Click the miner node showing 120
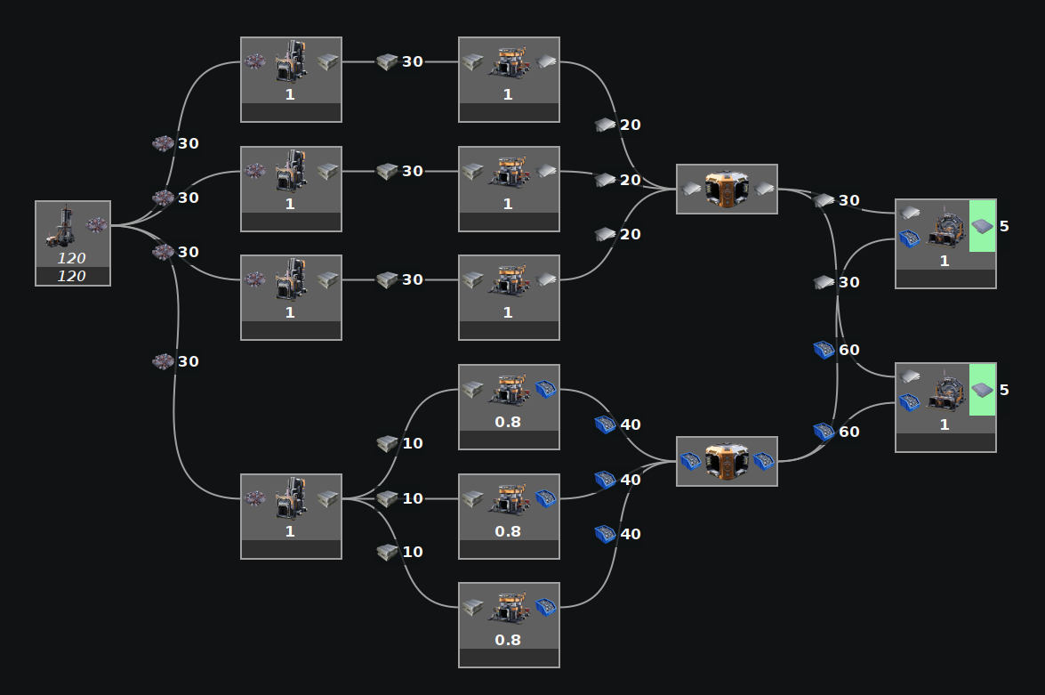coord(73,243)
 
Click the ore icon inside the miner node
coord(96,224)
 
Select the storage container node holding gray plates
coord(727,189)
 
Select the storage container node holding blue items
coord(727,461)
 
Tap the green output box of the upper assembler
coord(981,226)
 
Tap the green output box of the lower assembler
coord(981,389)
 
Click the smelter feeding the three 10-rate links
coord(291,516)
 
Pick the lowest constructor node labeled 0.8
coord(509,624)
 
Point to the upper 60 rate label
coord(848,350)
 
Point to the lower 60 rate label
coord(848,432)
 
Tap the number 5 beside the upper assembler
coord(1004,226)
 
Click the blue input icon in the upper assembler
coord(909,238)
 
